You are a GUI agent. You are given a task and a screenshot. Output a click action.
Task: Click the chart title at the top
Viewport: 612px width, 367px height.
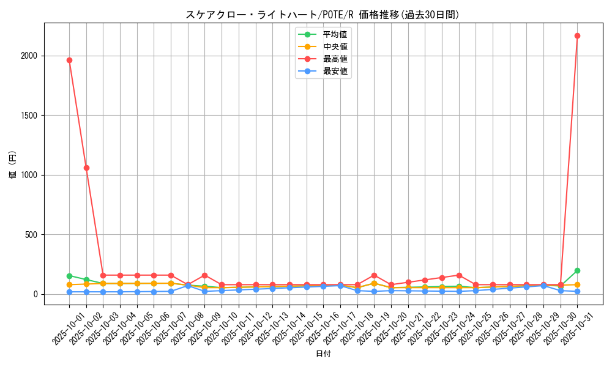(x=323, y=15)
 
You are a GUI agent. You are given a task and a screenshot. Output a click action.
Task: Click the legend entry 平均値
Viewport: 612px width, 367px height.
(x=335, y=34)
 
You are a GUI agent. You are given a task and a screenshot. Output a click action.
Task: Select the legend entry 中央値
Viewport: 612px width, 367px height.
(x=335, y=46)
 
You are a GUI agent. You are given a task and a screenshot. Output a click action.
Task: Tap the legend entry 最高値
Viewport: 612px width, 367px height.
(x=335, y=59)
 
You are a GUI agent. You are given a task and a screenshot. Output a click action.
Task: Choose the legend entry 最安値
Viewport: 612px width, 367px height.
(x=335, y=72)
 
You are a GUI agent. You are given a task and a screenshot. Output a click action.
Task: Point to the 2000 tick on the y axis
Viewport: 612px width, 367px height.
(x=29, y=56)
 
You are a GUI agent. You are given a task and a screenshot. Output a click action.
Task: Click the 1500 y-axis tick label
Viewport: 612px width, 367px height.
(x=29, y=116)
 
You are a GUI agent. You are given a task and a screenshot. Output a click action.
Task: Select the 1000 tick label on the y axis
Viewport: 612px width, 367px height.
(x=29, y=175)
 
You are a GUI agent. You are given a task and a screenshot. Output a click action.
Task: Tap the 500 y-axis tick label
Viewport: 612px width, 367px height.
(x=32, y=235)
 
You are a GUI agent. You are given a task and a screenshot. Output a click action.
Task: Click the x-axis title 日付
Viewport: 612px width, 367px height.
(x=323, y=354)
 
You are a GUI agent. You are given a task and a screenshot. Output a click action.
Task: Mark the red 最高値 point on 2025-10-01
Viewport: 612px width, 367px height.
(x=69, y=60)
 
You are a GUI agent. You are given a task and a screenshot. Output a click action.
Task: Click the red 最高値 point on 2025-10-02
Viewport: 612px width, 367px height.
(x=86, y=168)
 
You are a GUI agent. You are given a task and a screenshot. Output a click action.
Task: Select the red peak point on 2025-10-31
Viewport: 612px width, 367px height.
(x=577, y=35)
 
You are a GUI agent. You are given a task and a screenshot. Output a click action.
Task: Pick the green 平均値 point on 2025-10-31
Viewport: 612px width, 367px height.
(x=577, y=270)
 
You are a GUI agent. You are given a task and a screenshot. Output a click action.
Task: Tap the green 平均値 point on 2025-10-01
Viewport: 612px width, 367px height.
(x=69, y=276)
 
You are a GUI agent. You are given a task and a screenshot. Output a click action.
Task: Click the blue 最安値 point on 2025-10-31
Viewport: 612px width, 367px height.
(x=577, y=291)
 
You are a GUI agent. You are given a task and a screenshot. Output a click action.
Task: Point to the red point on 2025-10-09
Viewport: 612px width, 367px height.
(x=204, y=275)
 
